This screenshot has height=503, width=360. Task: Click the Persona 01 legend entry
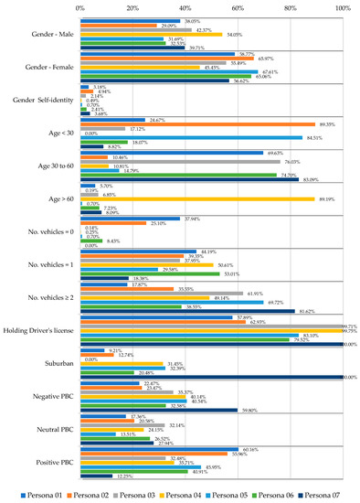point(39,494)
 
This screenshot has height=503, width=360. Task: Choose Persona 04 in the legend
point(182,494)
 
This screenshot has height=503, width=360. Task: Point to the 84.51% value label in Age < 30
point(313,138)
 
